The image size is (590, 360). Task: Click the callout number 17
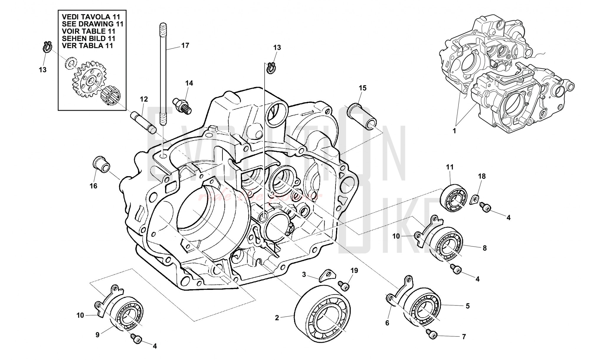(x=185, y=45)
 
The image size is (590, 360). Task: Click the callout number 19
(x=354, y=271)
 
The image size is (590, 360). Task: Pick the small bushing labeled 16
(x=100, y=164)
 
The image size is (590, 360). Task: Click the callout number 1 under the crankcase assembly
(x=454, y=130)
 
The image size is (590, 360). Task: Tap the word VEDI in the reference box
(x=70, y=17)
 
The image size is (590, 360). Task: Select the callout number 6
(x=387, y=323)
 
